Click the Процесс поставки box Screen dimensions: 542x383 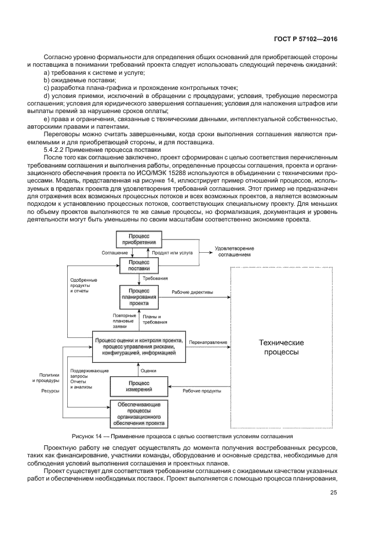(x=138, y=266)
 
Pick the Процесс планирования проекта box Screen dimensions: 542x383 (x=138, y=296)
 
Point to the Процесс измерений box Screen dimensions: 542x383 (x=138, y=386)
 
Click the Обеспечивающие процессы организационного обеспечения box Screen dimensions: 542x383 (x=138, y=413)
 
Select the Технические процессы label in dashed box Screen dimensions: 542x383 (x=281, y=347)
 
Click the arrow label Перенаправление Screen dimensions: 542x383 (x=208, y=342)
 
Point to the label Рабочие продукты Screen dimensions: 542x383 (x=202, y=391)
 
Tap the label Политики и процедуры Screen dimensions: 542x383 (x=48, y=378)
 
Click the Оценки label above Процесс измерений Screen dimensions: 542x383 (x=148, y=370)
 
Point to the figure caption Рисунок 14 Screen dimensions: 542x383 (x=182, y=435)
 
